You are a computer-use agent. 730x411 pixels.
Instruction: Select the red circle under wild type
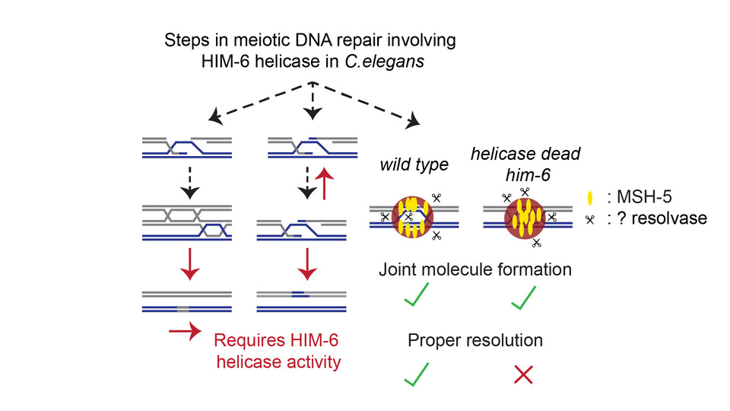409,218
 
